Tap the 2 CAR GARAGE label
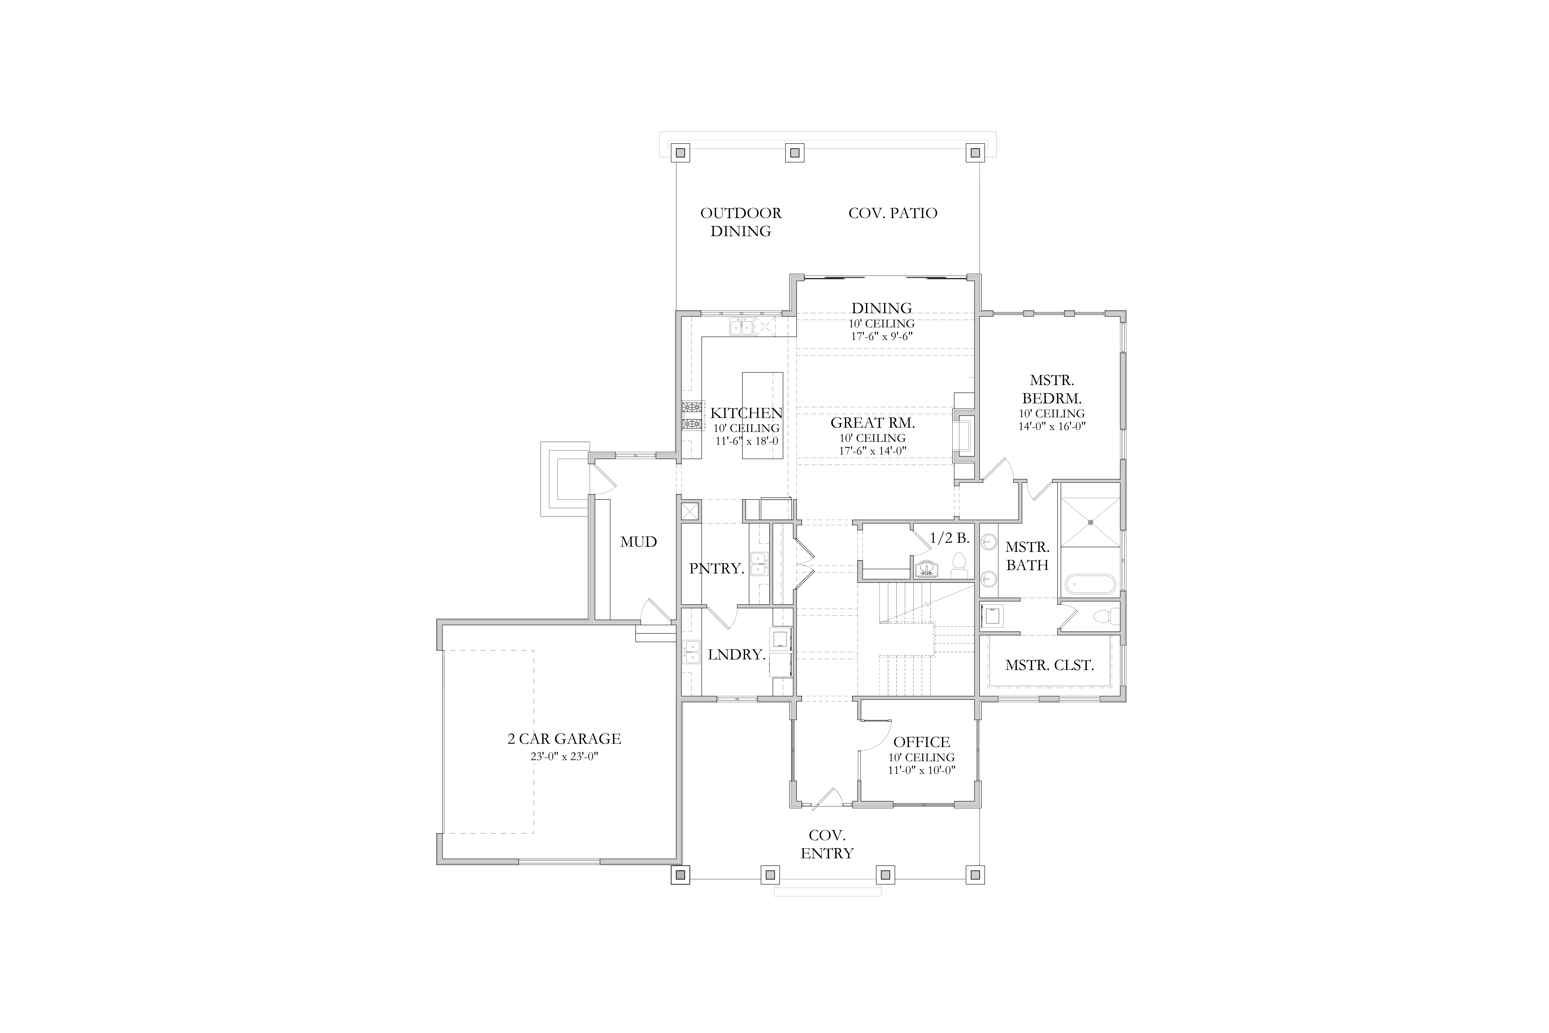pos(564,739)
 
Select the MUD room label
pos(638,541)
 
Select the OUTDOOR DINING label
pos(741,222)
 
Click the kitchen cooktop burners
pos(691,416)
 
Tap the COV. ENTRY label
pos(827,844)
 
